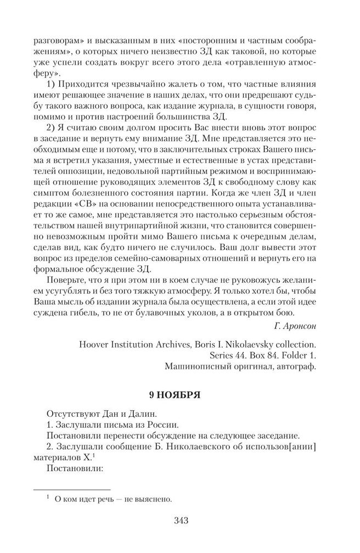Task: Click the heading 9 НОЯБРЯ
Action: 179,395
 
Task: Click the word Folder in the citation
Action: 291,356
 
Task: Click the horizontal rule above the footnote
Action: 71,488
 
